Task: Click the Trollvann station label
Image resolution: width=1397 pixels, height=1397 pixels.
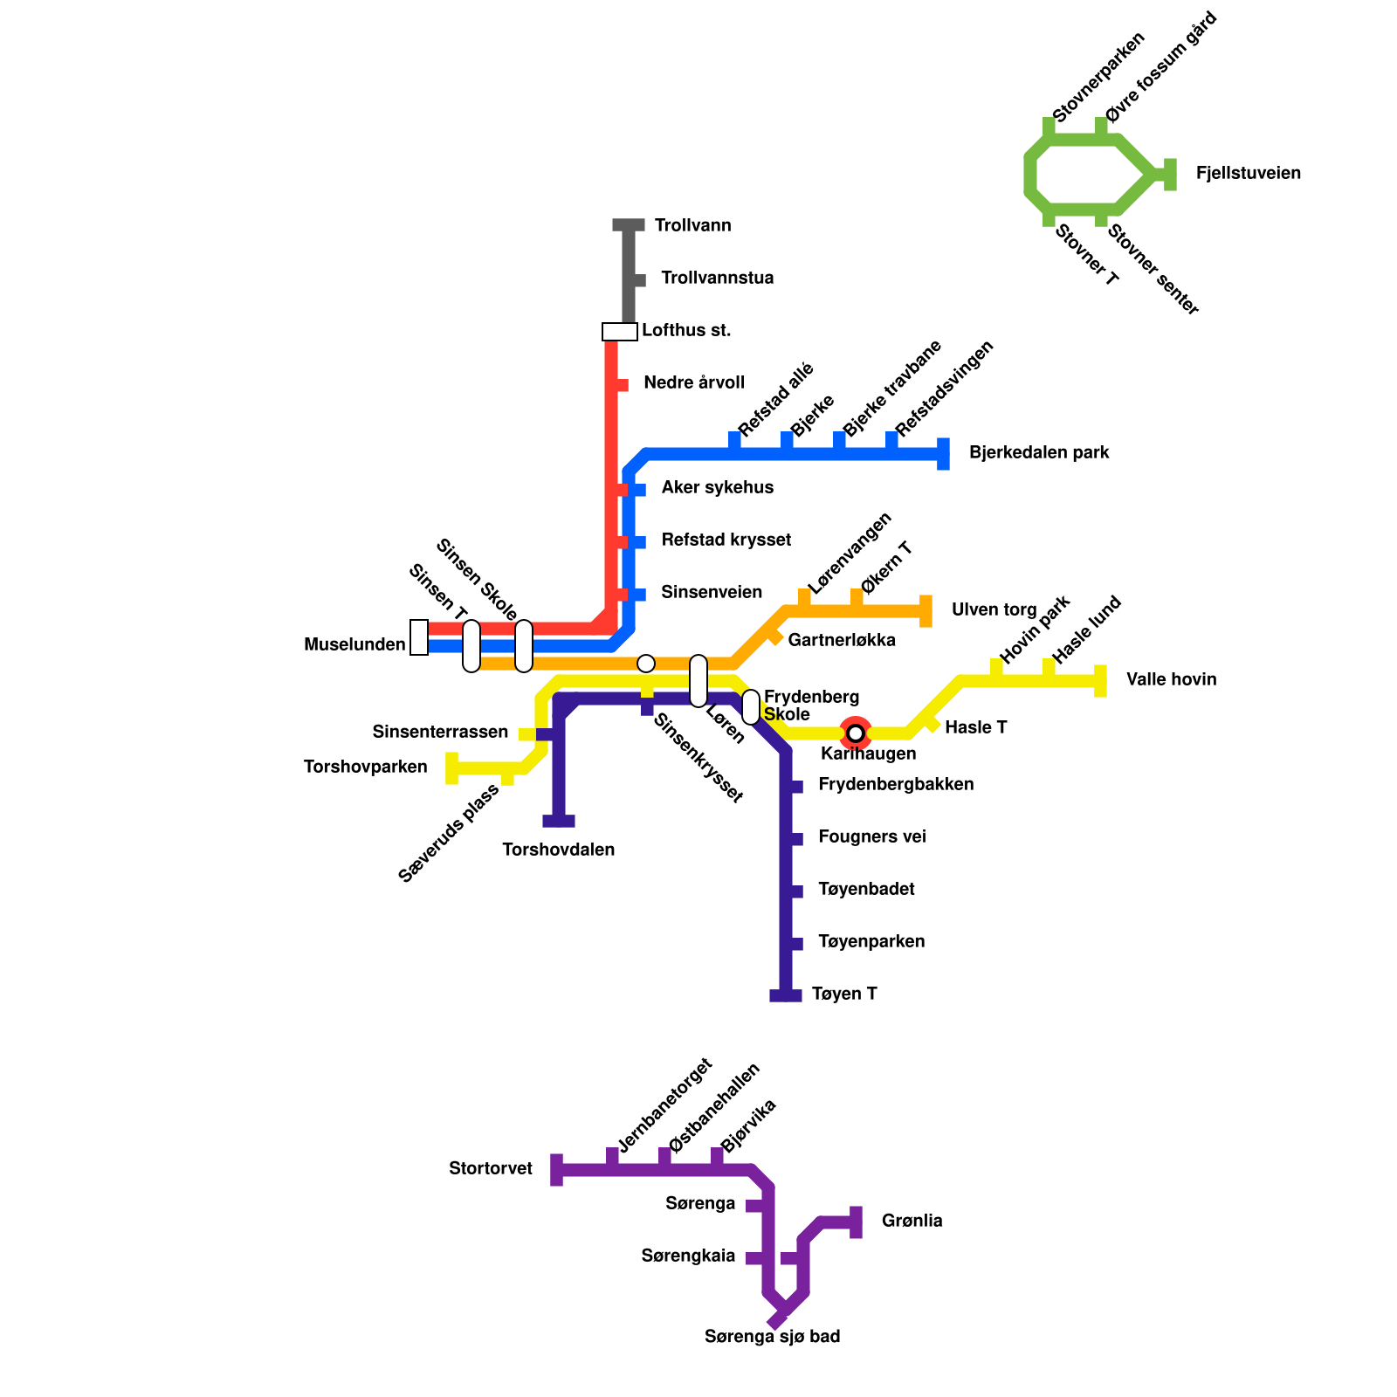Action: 692,226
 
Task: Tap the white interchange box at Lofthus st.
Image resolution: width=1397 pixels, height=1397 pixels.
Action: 620,332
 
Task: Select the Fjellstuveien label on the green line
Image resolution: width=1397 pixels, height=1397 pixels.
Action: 1248,174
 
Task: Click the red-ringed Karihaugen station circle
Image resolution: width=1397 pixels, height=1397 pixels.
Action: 856,733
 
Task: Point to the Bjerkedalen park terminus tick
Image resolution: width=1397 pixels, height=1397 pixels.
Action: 943,454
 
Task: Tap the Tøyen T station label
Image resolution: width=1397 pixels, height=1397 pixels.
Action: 843,994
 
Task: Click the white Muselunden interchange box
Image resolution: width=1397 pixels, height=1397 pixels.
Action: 419,637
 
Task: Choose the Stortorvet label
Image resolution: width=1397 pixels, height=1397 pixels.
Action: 491,1169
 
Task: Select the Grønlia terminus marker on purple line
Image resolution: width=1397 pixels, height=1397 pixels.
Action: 856,1222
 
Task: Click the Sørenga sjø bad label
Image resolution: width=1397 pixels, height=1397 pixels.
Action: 772,1337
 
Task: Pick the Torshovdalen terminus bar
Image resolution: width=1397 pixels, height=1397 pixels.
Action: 559,821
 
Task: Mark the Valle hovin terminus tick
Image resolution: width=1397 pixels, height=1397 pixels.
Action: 1100,681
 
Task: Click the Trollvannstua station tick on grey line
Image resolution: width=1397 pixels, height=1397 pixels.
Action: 639,280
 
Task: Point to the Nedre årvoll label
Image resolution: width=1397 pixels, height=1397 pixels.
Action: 693,383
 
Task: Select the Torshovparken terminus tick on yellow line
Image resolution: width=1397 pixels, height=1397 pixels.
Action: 451,768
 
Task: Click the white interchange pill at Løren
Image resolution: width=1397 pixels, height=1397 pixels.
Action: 698,681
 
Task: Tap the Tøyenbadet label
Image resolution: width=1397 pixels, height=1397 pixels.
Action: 866,890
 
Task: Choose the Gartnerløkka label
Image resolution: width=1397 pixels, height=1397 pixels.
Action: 841,641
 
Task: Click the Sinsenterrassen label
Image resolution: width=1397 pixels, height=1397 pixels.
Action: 440,732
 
